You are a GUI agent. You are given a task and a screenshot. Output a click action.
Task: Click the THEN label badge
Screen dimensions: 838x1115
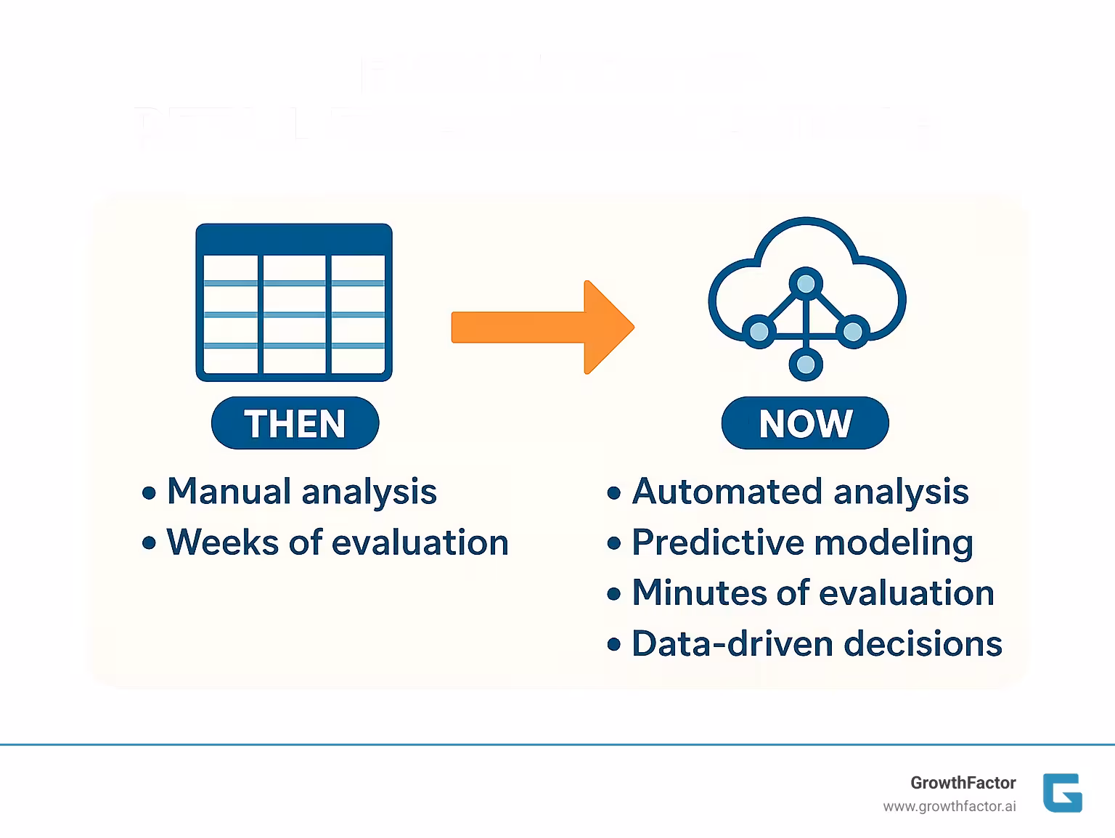pyautogui.click(x=295, y=423)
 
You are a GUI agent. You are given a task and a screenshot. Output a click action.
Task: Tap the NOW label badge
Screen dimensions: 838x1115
pyautogui.click(x=805, y=423)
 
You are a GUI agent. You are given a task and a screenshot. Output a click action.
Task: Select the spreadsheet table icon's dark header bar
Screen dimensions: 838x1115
pyautogui.click(x=294, y=240)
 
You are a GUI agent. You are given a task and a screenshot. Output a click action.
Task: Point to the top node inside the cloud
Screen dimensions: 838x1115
pyautogui.click(x=806, y=283)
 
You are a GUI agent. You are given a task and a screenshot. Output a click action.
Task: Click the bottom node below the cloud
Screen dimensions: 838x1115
pyautogui.click(x=806, y=365)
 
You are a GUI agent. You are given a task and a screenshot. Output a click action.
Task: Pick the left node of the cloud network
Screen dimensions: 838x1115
pyautogui.click(x=759, y=332)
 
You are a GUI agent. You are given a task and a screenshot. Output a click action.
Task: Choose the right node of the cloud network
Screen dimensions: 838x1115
pyautogui.click(x=853, y=332)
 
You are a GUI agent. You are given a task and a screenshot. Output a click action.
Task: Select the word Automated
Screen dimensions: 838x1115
pyautogui.click(x=727, y=492)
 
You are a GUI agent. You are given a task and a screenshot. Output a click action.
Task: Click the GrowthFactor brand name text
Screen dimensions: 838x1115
pyautogui.click(x=963, y=783)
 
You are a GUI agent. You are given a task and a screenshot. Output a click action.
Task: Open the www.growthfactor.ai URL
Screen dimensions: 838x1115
pyautogui.click(x=949, y=807)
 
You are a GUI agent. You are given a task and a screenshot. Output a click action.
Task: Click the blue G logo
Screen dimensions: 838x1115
pyautogui.click(x=1062, y=793)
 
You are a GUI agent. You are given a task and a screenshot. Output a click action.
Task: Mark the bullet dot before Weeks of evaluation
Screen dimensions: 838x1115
pyautogui.click(x=150, y=543)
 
